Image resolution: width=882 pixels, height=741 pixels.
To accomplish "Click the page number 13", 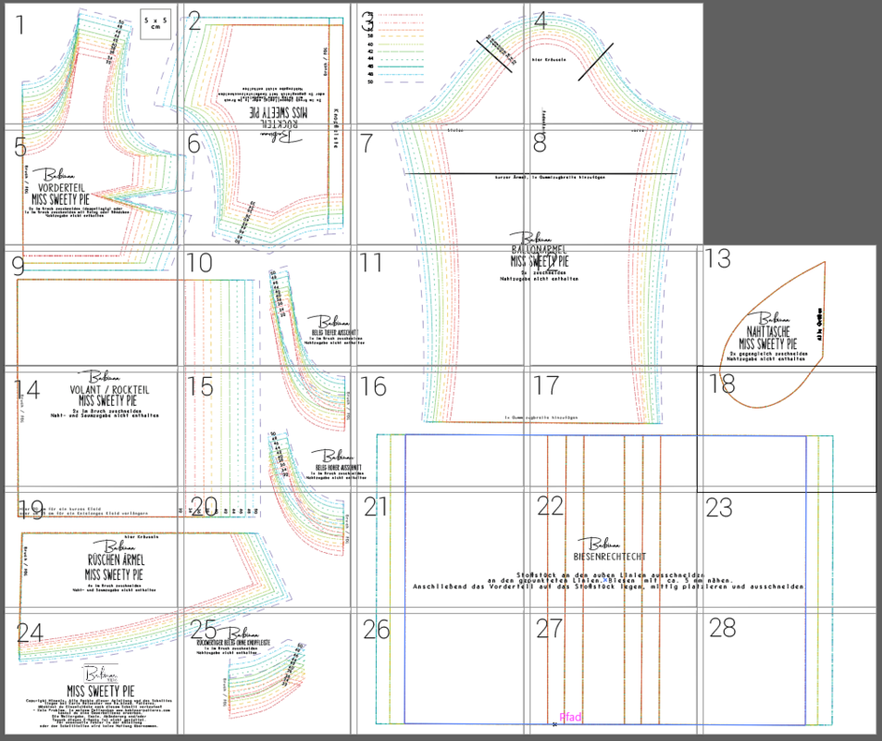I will (718, 258).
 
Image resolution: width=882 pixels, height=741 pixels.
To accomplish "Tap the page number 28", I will (722, 628).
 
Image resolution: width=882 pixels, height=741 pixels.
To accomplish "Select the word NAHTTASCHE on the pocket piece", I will (775, 331).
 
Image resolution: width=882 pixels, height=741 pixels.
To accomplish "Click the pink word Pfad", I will (571, 717).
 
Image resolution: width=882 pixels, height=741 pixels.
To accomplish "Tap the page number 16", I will (373, 385).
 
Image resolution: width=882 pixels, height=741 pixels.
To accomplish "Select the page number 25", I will (204, 630).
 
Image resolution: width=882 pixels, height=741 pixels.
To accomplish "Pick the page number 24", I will (30, 633).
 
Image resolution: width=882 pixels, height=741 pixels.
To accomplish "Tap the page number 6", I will (193, 144).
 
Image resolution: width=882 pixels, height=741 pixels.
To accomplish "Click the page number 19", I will (31, 508).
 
